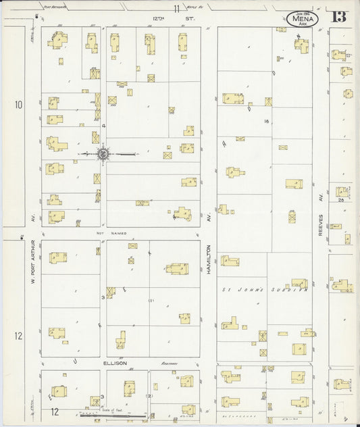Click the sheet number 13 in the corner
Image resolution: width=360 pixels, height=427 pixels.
tap(338, 16)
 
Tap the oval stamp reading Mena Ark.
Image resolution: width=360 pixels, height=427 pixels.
tap(303, 19)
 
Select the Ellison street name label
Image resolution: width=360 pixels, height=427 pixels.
tap(115, 363)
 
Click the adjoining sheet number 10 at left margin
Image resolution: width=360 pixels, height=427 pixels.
tap(17, 105)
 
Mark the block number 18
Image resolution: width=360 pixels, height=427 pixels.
tap(267, 121)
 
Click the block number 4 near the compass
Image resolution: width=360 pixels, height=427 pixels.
tap(104, 126)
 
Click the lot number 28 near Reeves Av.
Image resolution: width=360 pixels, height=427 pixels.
tap(342, 200)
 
